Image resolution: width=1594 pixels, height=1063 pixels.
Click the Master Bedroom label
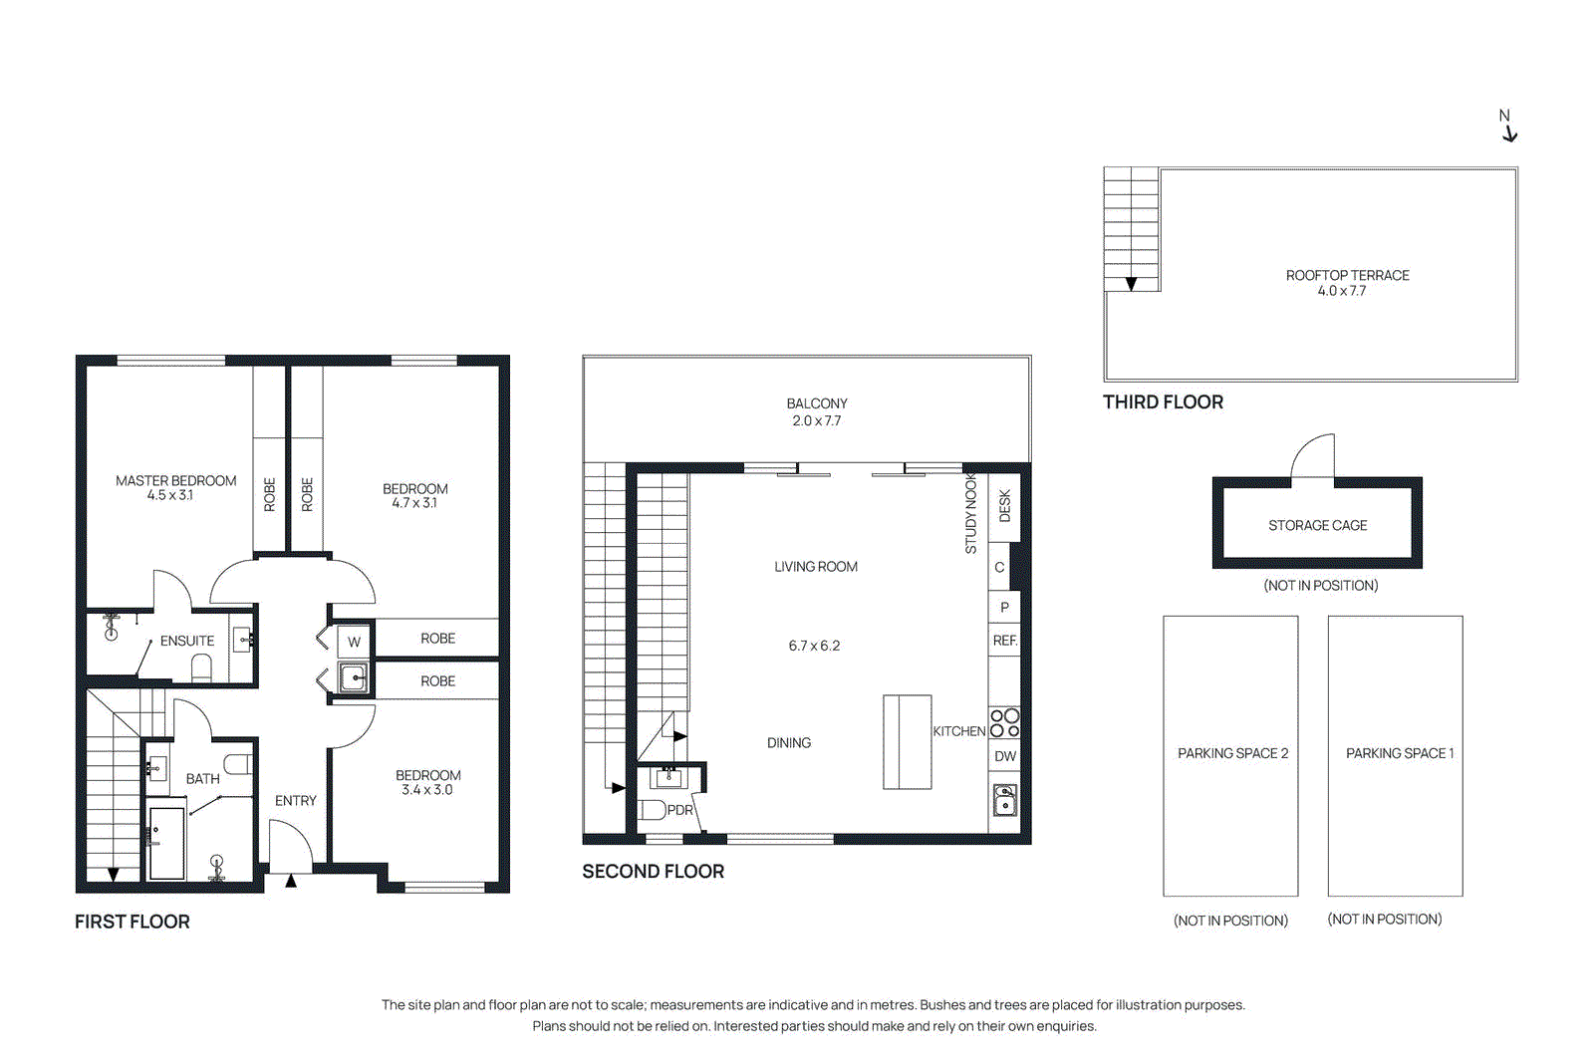[x=175, y=480]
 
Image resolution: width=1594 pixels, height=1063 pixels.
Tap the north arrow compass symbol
[x=1508, y=128]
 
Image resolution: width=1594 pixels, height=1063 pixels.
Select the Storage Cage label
[x=1317, y=525]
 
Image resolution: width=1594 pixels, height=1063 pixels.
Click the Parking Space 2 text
[x=1232, y=753]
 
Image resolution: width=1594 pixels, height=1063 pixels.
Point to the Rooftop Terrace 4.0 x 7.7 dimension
[x=1341, y=291]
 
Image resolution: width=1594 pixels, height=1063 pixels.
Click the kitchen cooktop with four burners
[x=1004, y=722]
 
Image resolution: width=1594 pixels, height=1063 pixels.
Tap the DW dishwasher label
[x=1005, y=756]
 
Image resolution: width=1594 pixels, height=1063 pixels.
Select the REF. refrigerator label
[x=1004, y=641]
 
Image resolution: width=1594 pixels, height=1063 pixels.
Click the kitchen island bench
[x=907, y=742]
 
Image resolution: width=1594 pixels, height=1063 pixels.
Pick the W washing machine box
[x=354, y=642]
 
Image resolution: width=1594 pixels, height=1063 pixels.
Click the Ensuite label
[x=187, y=641]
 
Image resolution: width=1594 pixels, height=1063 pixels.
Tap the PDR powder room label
[x=679, y=810]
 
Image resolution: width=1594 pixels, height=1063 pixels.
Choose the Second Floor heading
[x=653, y=871]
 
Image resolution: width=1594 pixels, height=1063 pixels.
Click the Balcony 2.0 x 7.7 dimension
[x=816, y=420]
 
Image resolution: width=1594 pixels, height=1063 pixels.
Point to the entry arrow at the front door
[x=291, y=881]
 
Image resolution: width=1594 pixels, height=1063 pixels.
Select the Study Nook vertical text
[x=970, y=514]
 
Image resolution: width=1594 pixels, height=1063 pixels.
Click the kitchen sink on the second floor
[x=1004, y=800]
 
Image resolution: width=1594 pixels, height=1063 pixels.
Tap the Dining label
[x=788, y=742]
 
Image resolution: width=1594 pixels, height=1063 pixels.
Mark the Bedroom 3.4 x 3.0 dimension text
[x=426, y=790]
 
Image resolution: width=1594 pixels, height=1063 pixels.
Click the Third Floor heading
[x=1162, y=401]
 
